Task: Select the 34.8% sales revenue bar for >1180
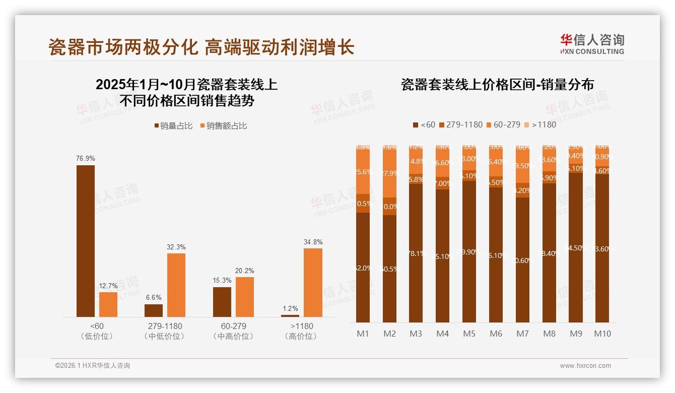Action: click(x=313, y=282)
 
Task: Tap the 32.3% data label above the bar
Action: click(x=176, y=247)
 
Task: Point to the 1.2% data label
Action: click(x=290, y=308)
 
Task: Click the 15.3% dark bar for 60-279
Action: click(x=222, y=302)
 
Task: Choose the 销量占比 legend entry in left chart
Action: click(x=173, y=126)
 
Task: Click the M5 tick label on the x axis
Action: click(x=469, y=334)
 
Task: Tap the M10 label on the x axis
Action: click(x=602, y=334)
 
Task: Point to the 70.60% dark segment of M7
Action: click(x=522, y=260)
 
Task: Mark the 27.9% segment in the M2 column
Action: click(x=389, y=173)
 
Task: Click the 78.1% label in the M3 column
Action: click(x=416, y=253)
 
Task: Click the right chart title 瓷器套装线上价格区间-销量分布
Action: click(x=497, y=84)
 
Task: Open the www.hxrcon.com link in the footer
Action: click(x=585, y=366)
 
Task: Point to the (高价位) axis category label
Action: click(x=301, y=336)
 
